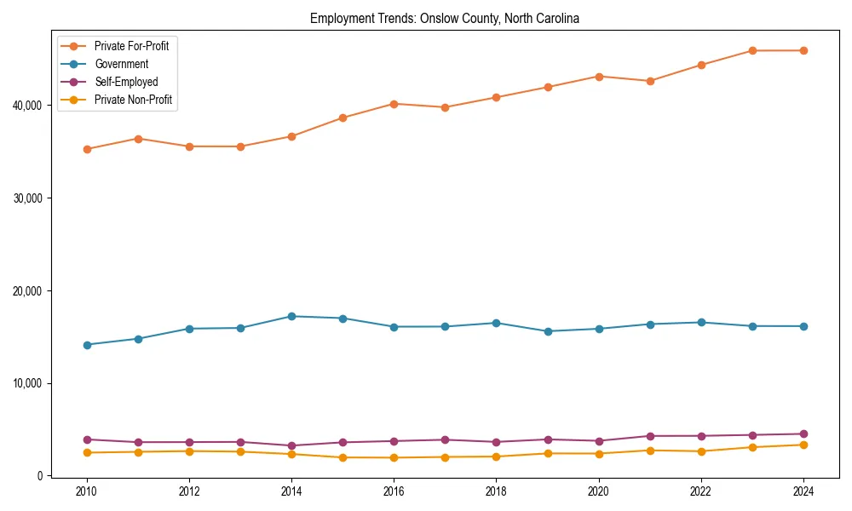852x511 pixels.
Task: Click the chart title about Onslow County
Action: coord(445,19)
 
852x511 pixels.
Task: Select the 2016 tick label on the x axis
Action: coord(394,491)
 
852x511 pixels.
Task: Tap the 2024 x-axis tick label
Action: coord(803,491)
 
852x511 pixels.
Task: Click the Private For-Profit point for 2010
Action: coord(87,149)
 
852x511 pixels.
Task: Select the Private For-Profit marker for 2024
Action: coord(803,50)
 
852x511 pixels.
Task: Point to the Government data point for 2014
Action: coord(291,316)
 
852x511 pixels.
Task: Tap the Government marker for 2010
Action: coord(87,345)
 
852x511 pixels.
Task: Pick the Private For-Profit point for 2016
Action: coord(394,104)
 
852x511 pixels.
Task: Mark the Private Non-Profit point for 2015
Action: coord(343,457)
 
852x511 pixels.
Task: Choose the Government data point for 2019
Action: coord(547,331)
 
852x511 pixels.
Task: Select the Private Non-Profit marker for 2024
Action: coord(803,445)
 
